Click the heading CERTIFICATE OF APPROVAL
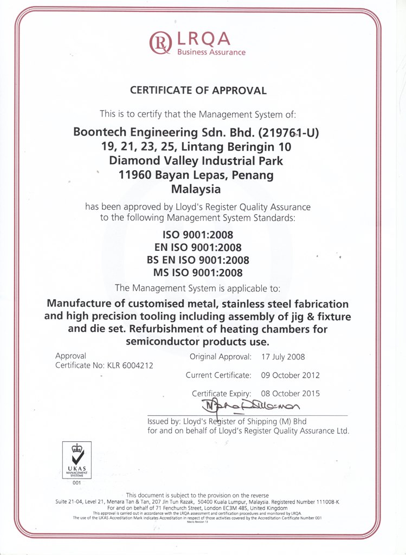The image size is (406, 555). [x=198, y=91]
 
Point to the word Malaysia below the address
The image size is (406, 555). [x=196, y=189]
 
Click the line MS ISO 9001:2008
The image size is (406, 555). [x=198, y=273]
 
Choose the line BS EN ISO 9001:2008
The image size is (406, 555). [x=198, y=260]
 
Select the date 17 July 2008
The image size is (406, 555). [x=283, y=357]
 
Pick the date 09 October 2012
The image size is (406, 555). [x=291, y=375]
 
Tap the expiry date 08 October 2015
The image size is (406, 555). [x=291, y=393]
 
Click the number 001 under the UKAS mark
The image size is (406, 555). [x=76, y=482]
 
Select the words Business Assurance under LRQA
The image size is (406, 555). [x=211, y=53]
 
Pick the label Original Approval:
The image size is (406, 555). [x=221, y=357]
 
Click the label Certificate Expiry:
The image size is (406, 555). [x=221, y=393]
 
